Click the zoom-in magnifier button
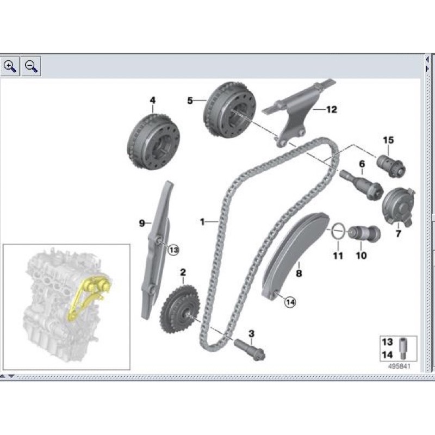click(x=9, y=66)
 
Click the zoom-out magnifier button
click(x=32, y=66)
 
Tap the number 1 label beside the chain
click(x=202, y=221)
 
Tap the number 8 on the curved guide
click(x=298, y=274)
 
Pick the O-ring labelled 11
click(x=338, y=231)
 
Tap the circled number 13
click(x=173, y=250)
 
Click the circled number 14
click(x=289, y=302)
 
